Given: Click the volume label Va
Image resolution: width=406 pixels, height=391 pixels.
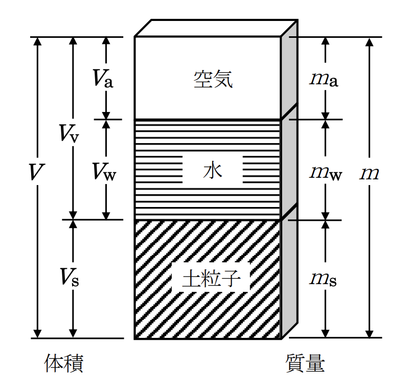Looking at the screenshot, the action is pos(103,78).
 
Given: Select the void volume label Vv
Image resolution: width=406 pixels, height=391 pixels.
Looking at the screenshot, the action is pos(69,133).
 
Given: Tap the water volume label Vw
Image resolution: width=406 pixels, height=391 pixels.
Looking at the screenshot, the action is pos(104,172).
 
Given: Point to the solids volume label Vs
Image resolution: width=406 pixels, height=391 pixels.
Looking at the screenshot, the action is pos(70,277).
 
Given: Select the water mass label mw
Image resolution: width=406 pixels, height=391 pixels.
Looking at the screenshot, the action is pos(326,173).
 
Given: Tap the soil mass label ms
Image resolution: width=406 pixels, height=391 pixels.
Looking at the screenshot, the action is pos(323,280).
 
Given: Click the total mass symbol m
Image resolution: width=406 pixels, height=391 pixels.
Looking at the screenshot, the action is pos(370,174).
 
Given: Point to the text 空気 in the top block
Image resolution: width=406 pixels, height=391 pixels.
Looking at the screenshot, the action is pos(213,79).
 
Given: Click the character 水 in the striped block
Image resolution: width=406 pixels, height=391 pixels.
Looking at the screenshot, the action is pos(212,170).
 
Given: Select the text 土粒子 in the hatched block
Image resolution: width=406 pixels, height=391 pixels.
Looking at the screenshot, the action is pos(211,279).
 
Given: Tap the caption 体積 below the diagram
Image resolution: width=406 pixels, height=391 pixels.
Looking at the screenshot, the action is pos(64,363).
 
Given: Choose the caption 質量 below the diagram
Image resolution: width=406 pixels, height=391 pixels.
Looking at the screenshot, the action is pos(305,363).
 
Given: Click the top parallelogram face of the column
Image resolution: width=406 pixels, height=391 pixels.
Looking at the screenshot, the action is pos(216,28).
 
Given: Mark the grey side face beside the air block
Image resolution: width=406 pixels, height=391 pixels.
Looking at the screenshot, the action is pos(289,70).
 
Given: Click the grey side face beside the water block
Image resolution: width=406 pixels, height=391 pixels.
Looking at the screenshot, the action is pos(289,162).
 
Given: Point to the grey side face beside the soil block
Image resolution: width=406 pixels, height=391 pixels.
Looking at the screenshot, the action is pos(289,272).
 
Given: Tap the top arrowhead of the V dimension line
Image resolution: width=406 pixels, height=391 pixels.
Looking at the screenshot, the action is pos(37,41).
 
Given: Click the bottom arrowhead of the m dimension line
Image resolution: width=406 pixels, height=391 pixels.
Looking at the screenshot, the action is pos(370,334).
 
